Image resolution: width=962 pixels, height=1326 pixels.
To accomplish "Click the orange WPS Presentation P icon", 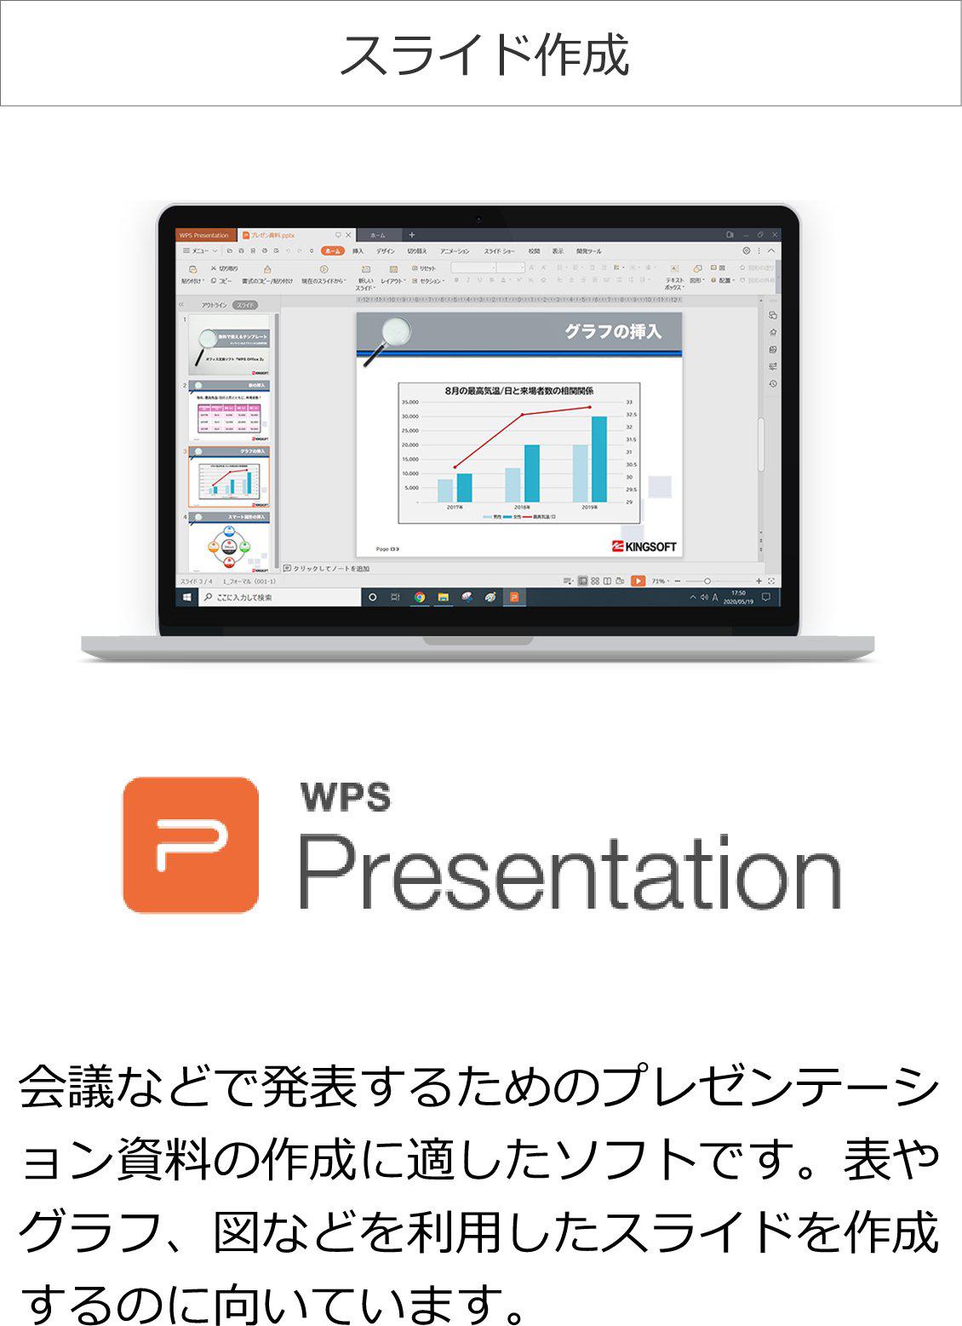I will click(x=191, y=844).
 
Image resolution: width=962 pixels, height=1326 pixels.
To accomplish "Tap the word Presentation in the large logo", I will click(x=569, y=872).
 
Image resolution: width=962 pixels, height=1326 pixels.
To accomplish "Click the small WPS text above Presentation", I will click(x=346, y=796).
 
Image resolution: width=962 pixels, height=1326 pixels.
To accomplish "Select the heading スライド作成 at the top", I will click(x=483, y=55).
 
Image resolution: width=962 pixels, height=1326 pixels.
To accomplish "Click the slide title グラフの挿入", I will click(x=612, y=331).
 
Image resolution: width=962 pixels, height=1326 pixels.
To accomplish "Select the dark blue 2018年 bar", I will click(x=531, y=473).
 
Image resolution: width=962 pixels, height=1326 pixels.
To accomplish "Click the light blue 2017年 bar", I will click(x=445, y=490).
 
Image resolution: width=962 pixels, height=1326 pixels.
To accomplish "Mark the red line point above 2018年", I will click(x=523, y=415).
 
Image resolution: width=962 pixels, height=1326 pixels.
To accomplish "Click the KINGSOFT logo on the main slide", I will click(x=644, y=547).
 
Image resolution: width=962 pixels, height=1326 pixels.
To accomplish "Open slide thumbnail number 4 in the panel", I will click(x=228, y=542).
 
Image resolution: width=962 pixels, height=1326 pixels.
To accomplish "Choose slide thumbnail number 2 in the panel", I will click(x=228, y=411).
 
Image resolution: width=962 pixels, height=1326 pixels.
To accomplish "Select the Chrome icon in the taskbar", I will click(x=419, y=597).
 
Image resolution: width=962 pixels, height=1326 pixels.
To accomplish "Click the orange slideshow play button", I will click(x=638, y=581).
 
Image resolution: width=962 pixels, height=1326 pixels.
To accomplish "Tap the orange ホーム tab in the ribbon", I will click(x=332, y=251).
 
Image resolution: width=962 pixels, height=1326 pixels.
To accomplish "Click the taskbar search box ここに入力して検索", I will click(x=281, y=597).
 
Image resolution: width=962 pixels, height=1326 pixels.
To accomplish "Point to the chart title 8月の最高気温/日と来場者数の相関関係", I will click(x=518, y=391).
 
